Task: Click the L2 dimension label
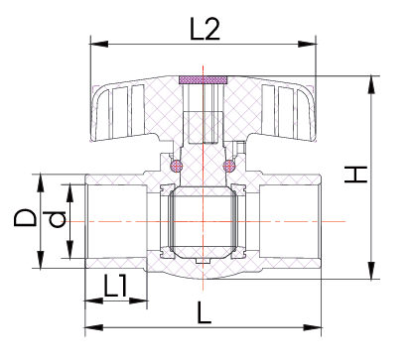pos(205,29)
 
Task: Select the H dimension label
pos(355,175)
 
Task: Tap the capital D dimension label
pos(25,217)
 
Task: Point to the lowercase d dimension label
pos(57,220)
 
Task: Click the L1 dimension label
pos(115,286)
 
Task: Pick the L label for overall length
pos(204,312)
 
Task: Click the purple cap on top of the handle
pos(203,79)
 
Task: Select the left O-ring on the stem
pos(176,166)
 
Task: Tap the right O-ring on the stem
pos(229,166)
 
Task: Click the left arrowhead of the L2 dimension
pos(99,44)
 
